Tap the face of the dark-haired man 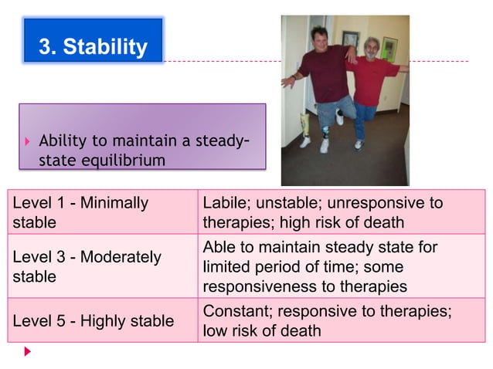click(318, 39)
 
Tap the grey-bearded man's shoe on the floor click(359, 144)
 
